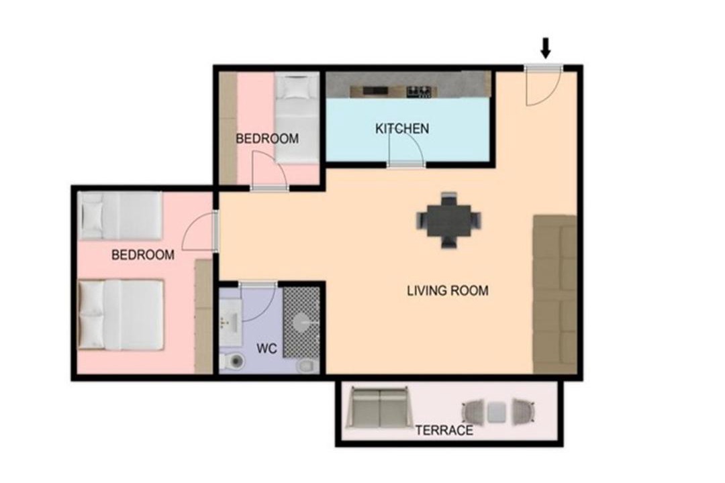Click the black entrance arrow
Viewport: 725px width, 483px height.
click(546, 48)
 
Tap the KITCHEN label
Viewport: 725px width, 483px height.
click(402, 129)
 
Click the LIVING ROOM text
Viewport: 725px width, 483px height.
click(448, 290)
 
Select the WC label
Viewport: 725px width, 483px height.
click(267, 349)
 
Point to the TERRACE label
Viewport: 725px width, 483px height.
click(444, 431)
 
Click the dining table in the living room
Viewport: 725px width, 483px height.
click(448, 220)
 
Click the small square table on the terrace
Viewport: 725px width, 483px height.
click(497, 412)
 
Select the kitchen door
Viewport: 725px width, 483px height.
click(405, 148)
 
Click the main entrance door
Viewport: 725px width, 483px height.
click(543, 85)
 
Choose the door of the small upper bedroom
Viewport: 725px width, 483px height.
click(270, 171)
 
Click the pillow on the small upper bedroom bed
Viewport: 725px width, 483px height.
click(296, 88)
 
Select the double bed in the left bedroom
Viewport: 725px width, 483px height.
click(121, 315)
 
